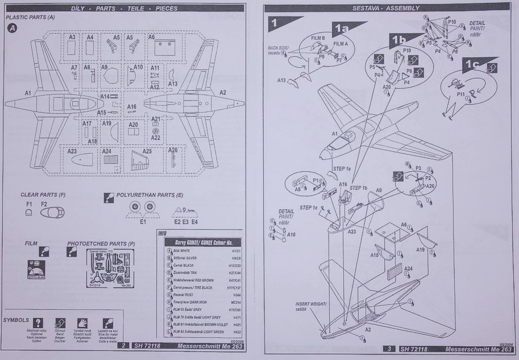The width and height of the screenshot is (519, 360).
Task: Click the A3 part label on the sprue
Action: click(x=72, y=37)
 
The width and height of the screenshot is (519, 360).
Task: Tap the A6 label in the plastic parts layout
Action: click(x=152, y=37)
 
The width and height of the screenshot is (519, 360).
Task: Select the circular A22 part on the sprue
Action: click(x=156, y=131)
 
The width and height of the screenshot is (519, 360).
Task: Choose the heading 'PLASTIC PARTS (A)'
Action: click(x=30, y=18)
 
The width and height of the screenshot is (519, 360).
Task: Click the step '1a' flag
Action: click(x=343, y=28)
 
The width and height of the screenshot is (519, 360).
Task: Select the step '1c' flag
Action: click(x=473, y=64)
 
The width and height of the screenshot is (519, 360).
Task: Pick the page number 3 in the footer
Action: click(x=388, y=349)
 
